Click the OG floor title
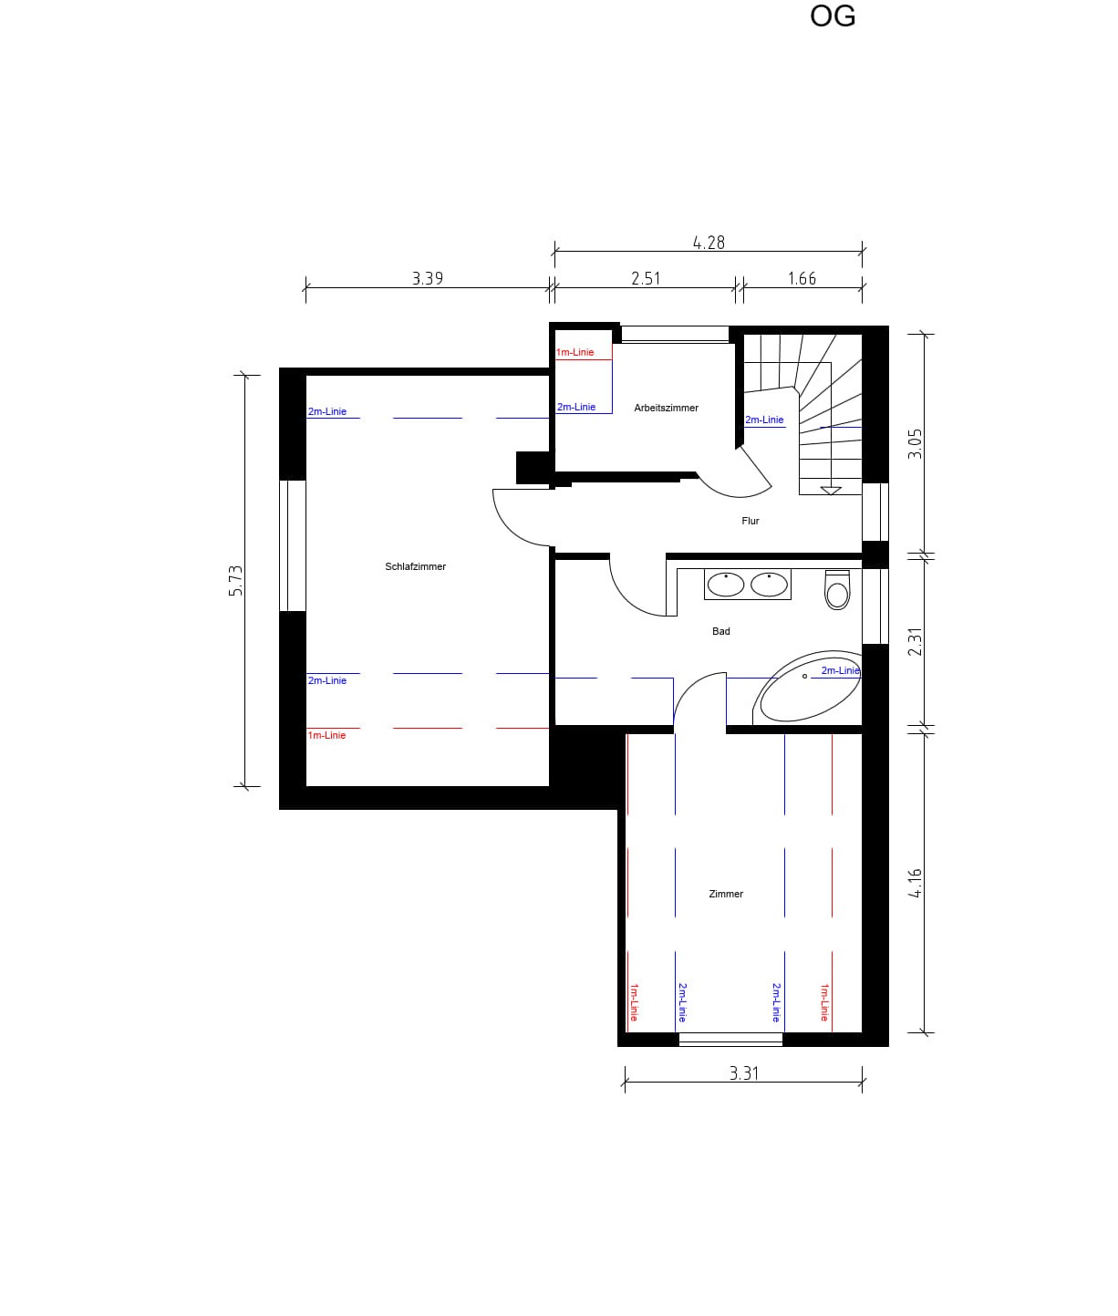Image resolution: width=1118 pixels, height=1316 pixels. tap(833, 16)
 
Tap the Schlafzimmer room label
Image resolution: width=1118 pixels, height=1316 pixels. tap(415, 566)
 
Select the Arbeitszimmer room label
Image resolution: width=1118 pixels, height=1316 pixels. tap(666, 408)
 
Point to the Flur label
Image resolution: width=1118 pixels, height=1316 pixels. tap(750, 521)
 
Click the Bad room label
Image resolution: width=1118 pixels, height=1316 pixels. tap(720, 631)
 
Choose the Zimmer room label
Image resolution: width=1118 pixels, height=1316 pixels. tap(726, 894)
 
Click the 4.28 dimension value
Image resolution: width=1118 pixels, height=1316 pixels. tap(709, 243)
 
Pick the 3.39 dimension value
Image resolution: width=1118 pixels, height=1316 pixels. tap(427, 278)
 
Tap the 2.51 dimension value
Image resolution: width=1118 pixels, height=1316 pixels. tap(646, 278)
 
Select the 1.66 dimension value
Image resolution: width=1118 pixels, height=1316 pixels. tap(802, 278)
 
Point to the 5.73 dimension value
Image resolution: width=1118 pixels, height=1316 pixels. tap(235, 581)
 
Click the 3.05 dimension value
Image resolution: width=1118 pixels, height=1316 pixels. tap(915, 444)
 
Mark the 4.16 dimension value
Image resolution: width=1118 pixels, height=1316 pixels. tap(915, 883)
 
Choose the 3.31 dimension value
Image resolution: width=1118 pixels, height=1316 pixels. tap(743, 1073)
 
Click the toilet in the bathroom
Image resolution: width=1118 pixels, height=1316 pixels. tap(837, 589)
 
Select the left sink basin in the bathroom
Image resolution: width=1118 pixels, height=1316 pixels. tap(725, 585)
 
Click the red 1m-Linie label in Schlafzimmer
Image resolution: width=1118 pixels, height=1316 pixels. tap(326, 735)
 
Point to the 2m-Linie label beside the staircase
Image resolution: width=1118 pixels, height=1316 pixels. tap(764, 420)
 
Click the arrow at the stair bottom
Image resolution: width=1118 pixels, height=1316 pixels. tap(831, 491)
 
